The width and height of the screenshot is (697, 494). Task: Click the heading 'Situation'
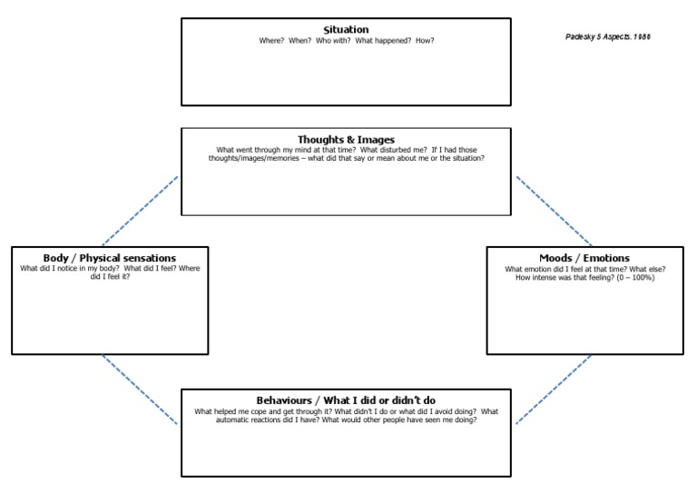346,30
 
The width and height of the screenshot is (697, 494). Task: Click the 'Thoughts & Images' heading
346,140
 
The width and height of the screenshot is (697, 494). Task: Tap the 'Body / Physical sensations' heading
110,259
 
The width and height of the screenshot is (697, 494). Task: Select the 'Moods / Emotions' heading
584,259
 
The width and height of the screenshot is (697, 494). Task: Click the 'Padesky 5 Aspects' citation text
607,37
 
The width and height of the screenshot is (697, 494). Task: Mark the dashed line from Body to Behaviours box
141,390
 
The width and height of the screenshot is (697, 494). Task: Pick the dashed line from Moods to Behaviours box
554,390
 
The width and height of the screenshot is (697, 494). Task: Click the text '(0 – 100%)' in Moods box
634,277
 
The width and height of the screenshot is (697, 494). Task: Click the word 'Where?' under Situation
272,40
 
